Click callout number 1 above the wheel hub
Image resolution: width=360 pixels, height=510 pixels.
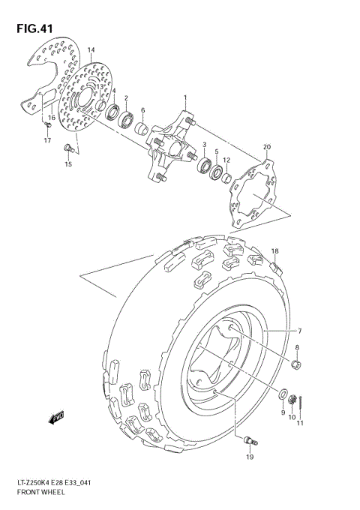[185, 98]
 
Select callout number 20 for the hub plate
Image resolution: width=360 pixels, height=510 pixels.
[267, 148]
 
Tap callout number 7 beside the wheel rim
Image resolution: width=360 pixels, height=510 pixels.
[298, 331]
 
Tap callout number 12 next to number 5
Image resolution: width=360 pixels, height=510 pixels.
[226, 160]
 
